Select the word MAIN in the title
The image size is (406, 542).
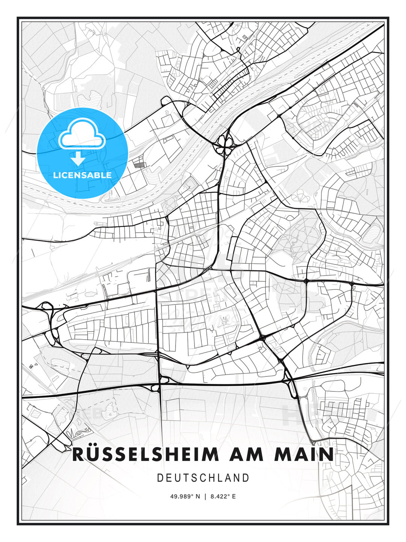tap(304, 454)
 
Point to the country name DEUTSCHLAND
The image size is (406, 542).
tap(203, 478)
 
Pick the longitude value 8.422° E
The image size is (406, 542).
tap(223, 496)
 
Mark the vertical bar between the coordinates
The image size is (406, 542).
tap(205, 496)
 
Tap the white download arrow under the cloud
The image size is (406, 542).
tap(78, 158)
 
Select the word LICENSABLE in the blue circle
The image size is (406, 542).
tap(82, 175)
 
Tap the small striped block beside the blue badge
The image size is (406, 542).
tap(139, 164)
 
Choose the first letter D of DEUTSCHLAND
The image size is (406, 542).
tap(160, 478)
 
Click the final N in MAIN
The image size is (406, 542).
tap(327, 454)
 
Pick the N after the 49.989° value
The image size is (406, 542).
tap(198, 496)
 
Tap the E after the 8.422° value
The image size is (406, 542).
tap(234, 496)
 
